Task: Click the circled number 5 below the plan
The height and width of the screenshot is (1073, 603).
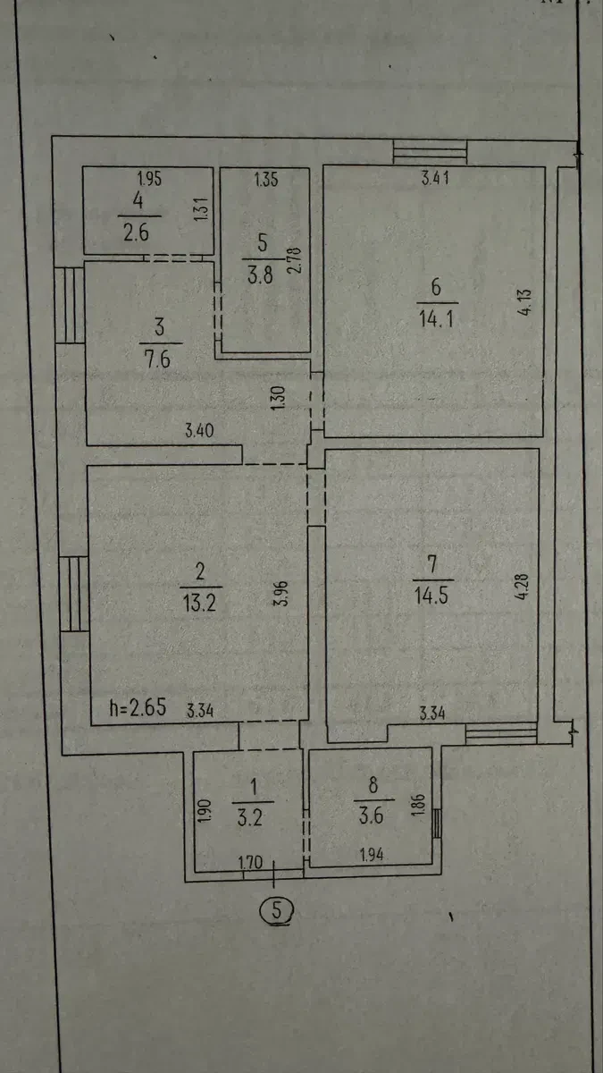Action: (276, 909)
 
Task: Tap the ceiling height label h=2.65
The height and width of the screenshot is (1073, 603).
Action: (138, 707)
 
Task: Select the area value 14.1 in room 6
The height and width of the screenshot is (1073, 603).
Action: (436, 317)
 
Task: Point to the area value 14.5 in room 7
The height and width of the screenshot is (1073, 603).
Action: (431, 596)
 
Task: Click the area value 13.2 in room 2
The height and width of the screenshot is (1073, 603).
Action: (199, 602)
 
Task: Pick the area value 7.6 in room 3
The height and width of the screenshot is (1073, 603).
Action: (157, 359)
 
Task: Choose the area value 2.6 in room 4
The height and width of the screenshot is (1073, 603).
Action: (136, 232)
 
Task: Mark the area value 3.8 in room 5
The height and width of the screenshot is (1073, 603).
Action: (260, 275)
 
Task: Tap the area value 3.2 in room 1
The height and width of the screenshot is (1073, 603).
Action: (250, 817)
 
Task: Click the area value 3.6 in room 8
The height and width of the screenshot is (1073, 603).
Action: (371, 815)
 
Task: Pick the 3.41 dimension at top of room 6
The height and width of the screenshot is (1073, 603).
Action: (436, 178)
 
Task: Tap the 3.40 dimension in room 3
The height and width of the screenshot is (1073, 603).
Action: (199, 430)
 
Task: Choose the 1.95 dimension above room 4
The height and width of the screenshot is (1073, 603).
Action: (150, 179)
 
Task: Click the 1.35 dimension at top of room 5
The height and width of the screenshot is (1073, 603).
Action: (266, 179)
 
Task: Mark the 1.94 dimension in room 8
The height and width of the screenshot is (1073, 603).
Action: (372, 855)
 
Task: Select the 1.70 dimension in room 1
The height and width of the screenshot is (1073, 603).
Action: (251, 863)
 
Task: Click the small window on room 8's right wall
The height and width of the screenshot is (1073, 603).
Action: (437, 824)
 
